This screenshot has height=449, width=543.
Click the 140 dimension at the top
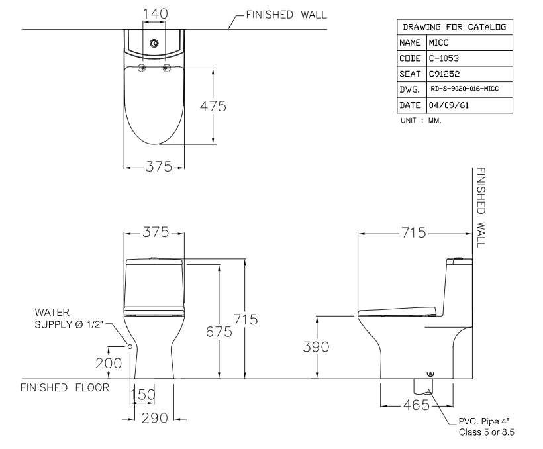click(x=155, y=14)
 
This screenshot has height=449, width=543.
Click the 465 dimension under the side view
click(x=417, y=405)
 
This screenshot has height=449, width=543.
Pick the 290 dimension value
click(x=152, y=419)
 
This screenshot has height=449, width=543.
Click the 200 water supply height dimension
click(x=109, y=363)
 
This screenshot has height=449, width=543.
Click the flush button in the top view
click(x=154, y=44)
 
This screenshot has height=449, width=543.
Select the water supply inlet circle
click(x=130, y=346)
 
